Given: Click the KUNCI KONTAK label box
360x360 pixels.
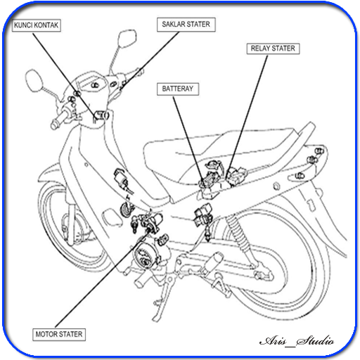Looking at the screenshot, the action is pos(37,25).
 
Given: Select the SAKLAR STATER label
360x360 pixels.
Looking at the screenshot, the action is pos(186,25).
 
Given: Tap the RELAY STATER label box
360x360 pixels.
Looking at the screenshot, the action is pos(273,49).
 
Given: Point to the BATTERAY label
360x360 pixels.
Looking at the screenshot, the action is pos(178,89).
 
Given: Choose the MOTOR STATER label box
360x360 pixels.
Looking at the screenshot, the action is pos(59,334).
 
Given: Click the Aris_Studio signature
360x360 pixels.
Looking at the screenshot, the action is pos(297,340).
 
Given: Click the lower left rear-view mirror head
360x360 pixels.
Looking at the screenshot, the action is pos(34,80).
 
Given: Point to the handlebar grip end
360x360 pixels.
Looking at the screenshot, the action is pos(54,124).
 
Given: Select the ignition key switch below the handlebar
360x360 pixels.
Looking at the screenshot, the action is pos(101,116).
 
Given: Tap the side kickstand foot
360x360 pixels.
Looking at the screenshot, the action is pos(155,319).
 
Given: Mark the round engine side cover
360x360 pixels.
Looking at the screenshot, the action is pos(143,255).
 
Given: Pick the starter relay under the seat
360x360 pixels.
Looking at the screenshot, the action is pos(236,176).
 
